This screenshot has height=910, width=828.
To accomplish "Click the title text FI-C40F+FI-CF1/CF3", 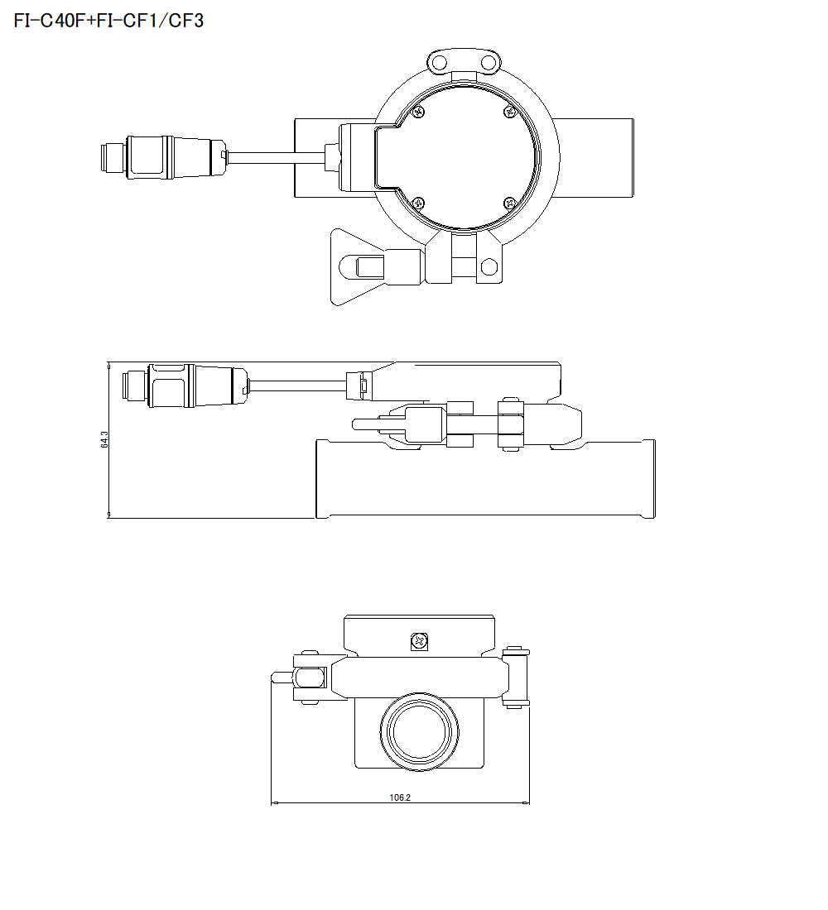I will tap(108, 21).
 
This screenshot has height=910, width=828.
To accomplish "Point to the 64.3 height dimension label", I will tap(104, 439).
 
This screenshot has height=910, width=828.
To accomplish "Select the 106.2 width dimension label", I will tap(400, 797).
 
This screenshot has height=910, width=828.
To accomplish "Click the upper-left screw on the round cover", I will tap(420, 112).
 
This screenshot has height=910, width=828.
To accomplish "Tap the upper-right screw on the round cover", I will tap(510, 112).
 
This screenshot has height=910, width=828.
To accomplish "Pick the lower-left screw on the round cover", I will tap(418, 203).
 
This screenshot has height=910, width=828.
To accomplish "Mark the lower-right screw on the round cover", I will tap(509, 203).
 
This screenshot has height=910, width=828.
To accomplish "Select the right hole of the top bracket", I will tap(489, 63).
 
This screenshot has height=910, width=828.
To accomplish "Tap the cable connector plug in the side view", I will tap(186, 386).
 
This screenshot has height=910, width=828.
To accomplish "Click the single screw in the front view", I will tap(420, 640).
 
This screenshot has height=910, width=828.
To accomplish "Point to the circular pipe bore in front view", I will tap(420, 729).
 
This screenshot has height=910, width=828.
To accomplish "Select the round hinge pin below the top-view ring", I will tap(489, 266).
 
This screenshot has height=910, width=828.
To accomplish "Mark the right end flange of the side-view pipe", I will tap(651, 479).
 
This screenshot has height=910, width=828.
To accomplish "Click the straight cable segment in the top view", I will tap(273, 156).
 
